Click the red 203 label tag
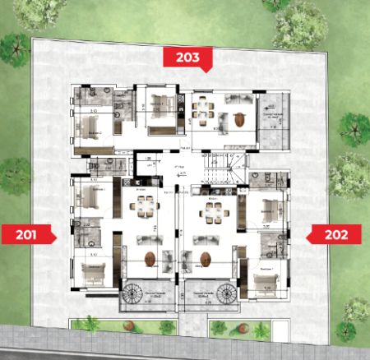pyautogui.click(x=188, y=57)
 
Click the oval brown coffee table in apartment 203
pyautogui.click(x=238, y=120)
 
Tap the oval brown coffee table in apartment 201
pyautogui.click(x=150, y=259)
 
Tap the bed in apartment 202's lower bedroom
pyautogui.click(x=263, y=284)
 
